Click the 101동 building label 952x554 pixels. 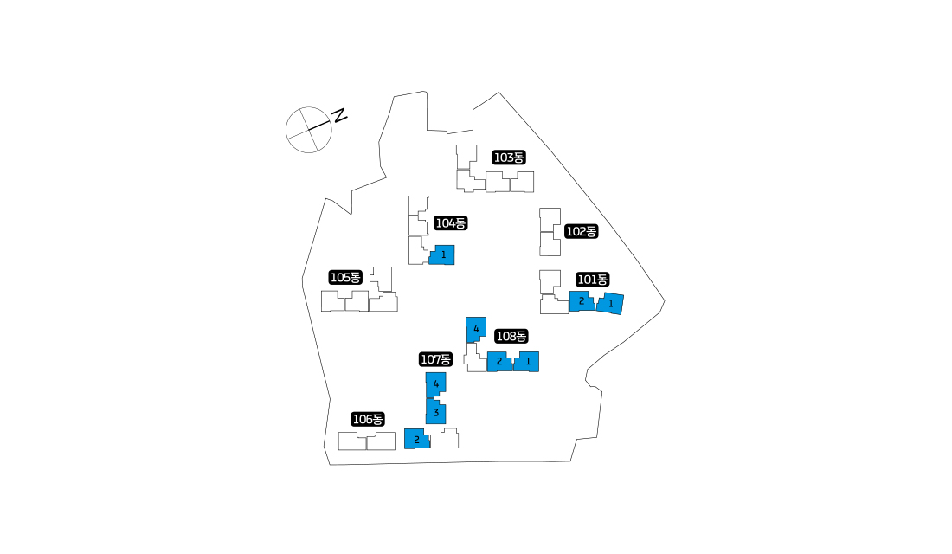(x=593, y=280)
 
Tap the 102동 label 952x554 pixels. (x=581, y=231)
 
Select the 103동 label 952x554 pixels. (x=509, y=158)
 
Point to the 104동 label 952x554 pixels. (x=451, y=223)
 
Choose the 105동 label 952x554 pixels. (x=344, y=278)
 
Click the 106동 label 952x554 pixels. (x=368, y=419)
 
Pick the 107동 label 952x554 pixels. (x=436, y=359)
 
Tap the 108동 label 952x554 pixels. (x=511, y=336)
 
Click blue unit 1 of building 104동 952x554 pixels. (x=442, y=255)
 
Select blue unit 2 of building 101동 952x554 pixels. (x=582, y=301)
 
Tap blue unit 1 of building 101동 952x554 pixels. (x=610, y=303)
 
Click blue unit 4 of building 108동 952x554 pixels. (x=476, y=329)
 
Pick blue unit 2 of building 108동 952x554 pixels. (x=499, y=362)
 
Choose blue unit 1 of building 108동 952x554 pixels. (x=527, y=362)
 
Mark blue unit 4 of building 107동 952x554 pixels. (x=436, y=384)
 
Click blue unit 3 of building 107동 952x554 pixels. (x=436, y=412)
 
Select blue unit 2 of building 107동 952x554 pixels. (x=416, y=439)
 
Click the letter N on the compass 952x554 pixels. (x=339, y=115)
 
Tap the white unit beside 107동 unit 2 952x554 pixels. (x=445, y=439)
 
